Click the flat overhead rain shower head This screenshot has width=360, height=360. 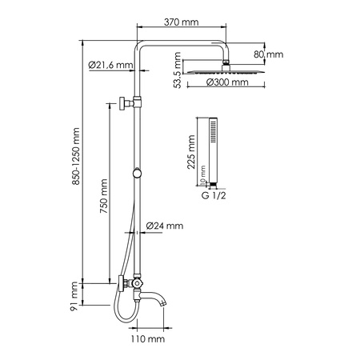click(x=226, y=70)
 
